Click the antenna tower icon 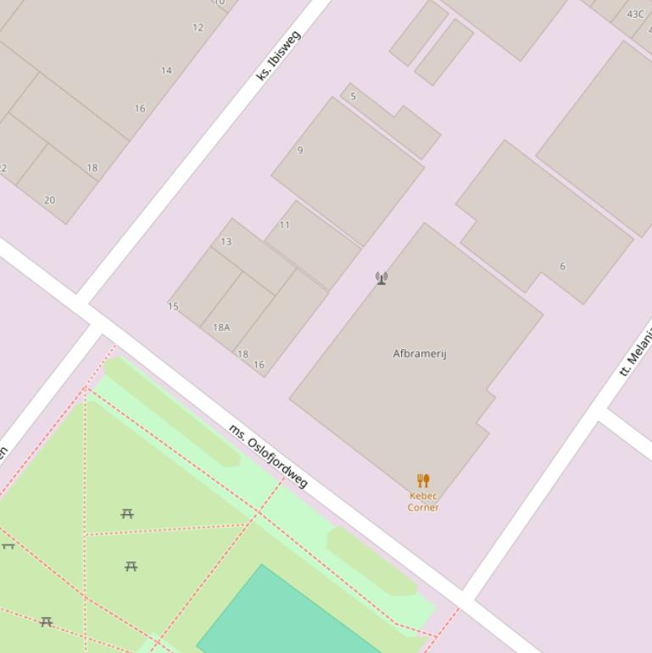point(382,277)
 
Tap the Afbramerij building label point(420,354)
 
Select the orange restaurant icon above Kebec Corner point(423,481)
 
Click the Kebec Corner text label point(423,501)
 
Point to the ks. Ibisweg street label point(278,56)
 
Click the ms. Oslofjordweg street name point(268,456)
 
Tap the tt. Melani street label point(637,350)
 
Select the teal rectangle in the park point(280,615)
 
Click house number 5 point(354,96)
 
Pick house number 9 point(300,150)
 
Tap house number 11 point(285,225)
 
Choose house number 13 point(226,242)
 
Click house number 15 point(173,306)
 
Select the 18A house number point(221,327)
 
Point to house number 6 point(562,266)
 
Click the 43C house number point(636,14)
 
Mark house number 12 point(198,27)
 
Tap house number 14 point(166,70)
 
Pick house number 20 point(49,200)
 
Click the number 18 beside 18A point(243,354)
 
